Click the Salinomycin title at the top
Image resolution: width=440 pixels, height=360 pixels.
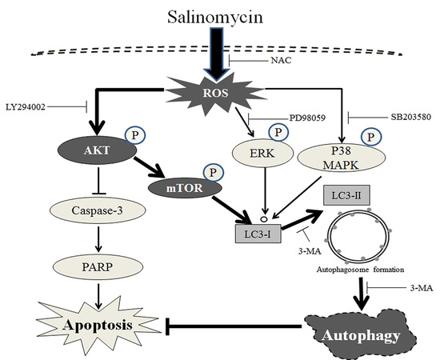click(x=215, y=18)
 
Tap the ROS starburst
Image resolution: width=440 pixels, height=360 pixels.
click(x=215, y=93)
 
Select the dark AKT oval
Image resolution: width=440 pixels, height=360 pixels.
click(x=97, y=150)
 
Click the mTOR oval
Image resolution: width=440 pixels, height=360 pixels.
click(x=185, y=188)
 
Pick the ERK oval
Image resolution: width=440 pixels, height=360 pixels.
click(x=262, y=154)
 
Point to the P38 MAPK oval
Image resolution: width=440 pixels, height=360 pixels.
click(x=341, y=158)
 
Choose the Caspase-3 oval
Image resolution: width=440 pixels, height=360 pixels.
click(x=98, y=210)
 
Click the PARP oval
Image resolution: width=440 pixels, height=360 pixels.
click(x=98, y=267)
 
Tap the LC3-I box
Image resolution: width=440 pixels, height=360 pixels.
click(x=258, y=234)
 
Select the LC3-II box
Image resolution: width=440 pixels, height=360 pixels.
click(x=346, y=195)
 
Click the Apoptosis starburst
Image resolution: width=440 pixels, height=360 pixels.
click(x=98, y=325)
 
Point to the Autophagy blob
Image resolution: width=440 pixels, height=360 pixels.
click(x=361, y=334)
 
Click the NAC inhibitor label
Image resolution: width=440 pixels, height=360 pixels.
click(x=281, y=60)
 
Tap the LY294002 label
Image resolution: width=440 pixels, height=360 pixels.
click(x=26, y=107)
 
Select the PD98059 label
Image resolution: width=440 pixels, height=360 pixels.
click(x=307, y=118)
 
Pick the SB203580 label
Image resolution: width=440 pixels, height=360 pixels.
click(x=411, y=117)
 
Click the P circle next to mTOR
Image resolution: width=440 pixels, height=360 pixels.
click(x=214, y=172)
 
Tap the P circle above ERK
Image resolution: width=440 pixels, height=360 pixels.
click(x=278, y=133)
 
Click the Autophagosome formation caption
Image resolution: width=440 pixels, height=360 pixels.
click(x=360, y=270)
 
